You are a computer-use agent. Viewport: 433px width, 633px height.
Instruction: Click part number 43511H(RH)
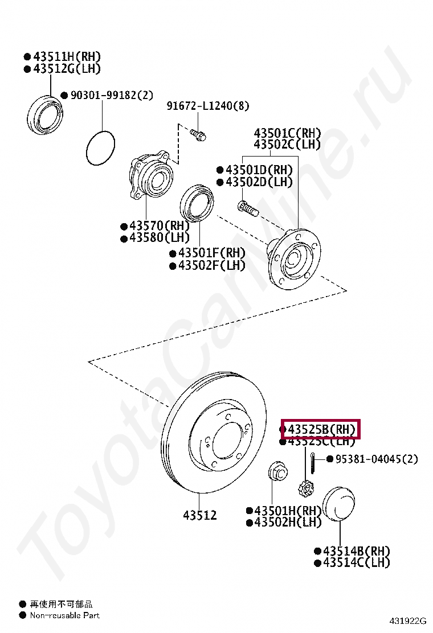[67, 56]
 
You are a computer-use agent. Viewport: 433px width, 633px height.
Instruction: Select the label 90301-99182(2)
[112, 95]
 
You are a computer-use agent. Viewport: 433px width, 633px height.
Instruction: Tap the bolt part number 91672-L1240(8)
[207, 106]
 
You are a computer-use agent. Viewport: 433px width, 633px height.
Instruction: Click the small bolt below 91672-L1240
[198, 135]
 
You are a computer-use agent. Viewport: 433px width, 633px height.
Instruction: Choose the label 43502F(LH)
[211, 265]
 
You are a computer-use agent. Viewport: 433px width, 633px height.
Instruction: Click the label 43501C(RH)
[287, 133]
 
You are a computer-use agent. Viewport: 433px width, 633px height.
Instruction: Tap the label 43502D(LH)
[259, 182]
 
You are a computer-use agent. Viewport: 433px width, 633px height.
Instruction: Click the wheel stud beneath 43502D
[247, 208]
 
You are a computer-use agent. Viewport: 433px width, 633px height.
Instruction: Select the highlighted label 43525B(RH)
[322, 429]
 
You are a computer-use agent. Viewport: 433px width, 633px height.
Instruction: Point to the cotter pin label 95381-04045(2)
[377, 459]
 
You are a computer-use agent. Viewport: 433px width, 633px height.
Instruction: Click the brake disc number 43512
[199, 515]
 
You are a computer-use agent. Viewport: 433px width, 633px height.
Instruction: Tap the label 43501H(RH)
[288, 511]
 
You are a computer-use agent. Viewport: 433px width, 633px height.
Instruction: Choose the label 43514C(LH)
[356, 562]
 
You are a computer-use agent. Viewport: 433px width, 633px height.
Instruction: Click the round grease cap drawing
[339, 504]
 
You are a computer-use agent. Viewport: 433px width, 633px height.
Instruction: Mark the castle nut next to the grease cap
[306, 488]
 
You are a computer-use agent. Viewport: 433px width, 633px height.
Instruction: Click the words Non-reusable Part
[64, 615]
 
